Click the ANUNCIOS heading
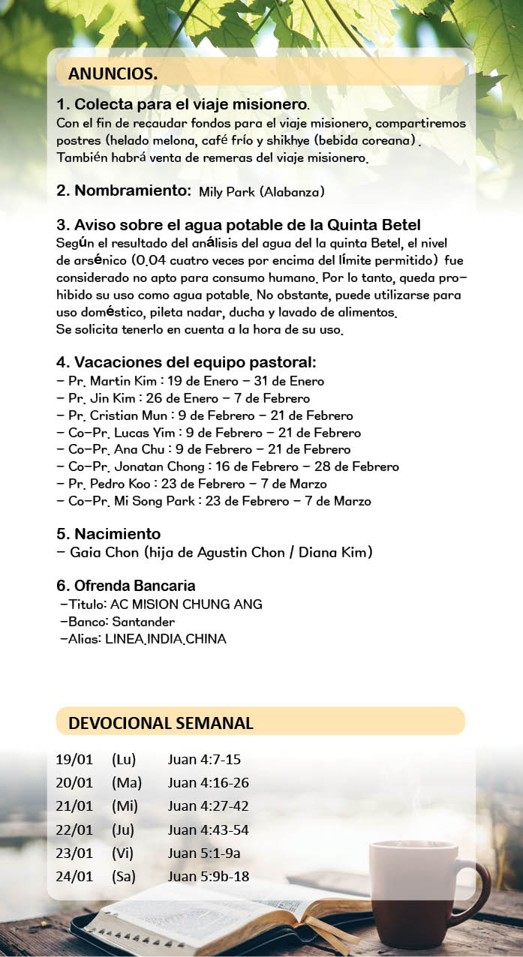pyautogui.click(x=113, y=73)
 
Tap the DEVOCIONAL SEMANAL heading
pyautogui.click(x=161, y=723)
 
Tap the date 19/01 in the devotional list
pyautogui.click(x=74, y=760)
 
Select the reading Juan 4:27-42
pyautogui.click(x=208, y=806)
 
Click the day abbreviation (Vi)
pyautogui.click(x=124, y=853)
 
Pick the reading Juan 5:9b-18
pyautogui.click(x=209, y=876)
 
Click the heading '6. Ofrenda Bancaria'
pyautogui.click(x=125, y=586)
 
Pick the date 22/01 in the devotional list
pyautogui.click(x=74, y=829)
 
